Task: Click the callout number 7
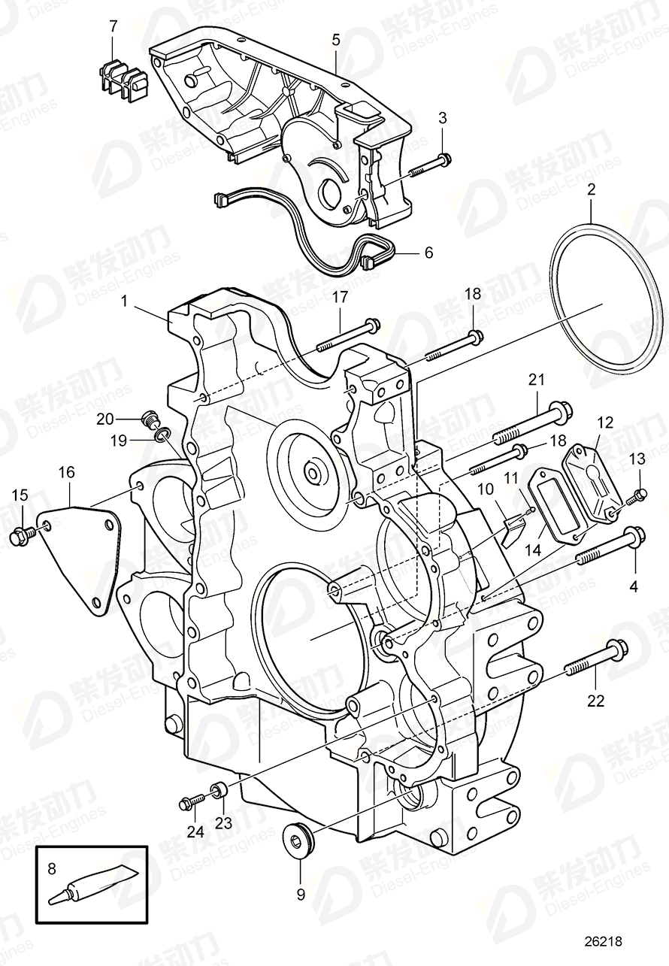(114, 26)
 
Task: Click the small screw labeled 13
(639, 495)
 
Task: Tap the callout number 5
(335, 38)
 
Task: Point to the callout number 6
(428, 253)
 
